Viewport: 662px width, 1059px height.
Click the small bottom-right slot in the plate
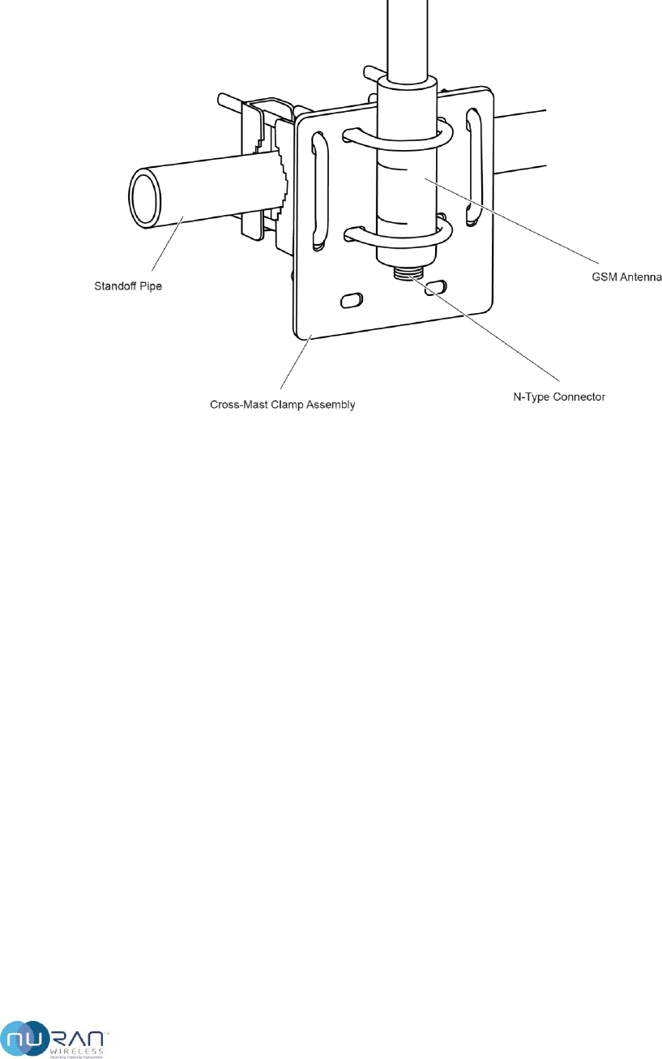click(x=437, y=285)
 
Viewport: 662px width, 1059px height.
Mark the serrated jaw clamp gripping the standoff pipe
click(x=275, y=182)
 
